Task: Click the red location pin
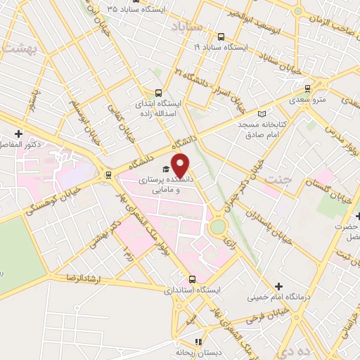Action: [x=181, y=165]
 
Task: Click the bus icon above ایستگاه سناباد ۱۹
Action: [x=221, y=37]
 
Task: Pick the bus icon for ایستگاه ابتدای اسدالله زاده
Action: [x=158, y=92]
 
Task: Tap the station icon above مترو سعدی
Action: [x=307, y=89]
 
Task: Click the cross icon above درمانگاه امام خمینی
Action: [x=279, y=287]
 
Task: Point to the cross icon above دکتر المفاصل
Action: [x=18, y=134]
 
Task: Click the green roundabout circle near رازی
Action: [x=218, y=226]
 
